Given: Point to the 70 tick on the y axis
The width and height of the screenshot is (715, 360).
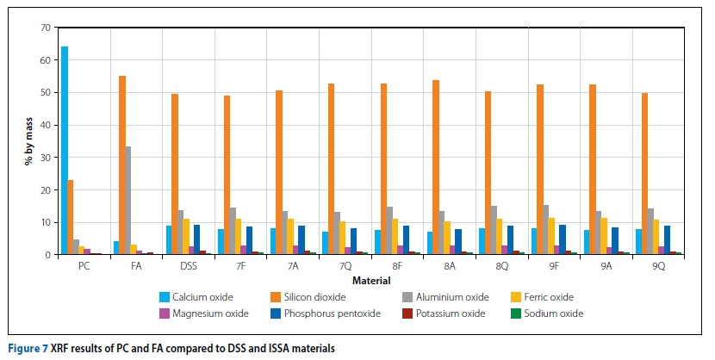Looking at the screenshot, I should click(x=45, y=28).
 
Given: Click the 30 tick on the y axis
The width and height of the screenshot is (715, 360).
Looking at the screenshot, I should click(x=45, y=158).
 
